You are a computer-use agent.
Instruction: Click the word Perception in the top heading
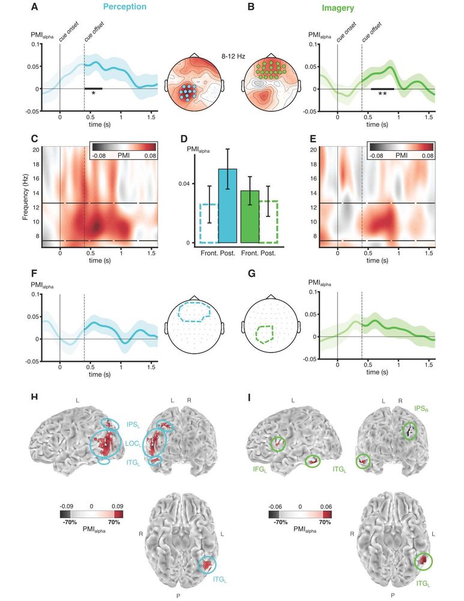(x=124, y=8)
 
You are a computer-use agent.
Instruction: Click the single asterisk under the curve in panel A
(x=93, y=94)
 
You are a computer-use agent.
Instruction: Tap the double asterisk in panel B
(x=382, y=94)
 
